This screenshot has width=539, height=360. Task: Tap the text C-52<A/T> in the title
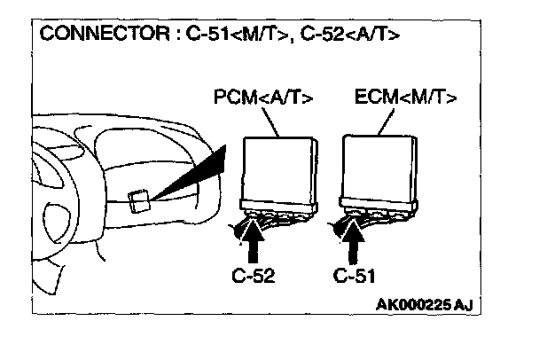point(337,35)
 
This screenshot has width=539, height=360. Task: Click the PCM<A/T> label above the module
point(263,96)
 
